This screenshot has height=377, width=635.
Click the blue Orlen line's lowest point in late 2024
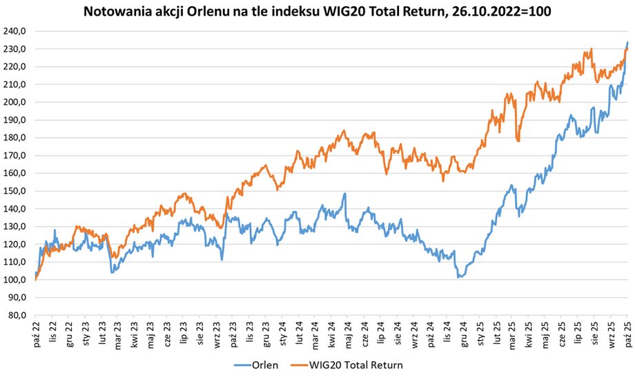(458, 277)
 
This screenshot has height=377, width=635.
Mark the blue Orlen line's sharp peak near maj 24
(344, 194)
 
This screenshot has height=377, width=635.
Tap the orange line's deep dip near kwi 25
(518, 140)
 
